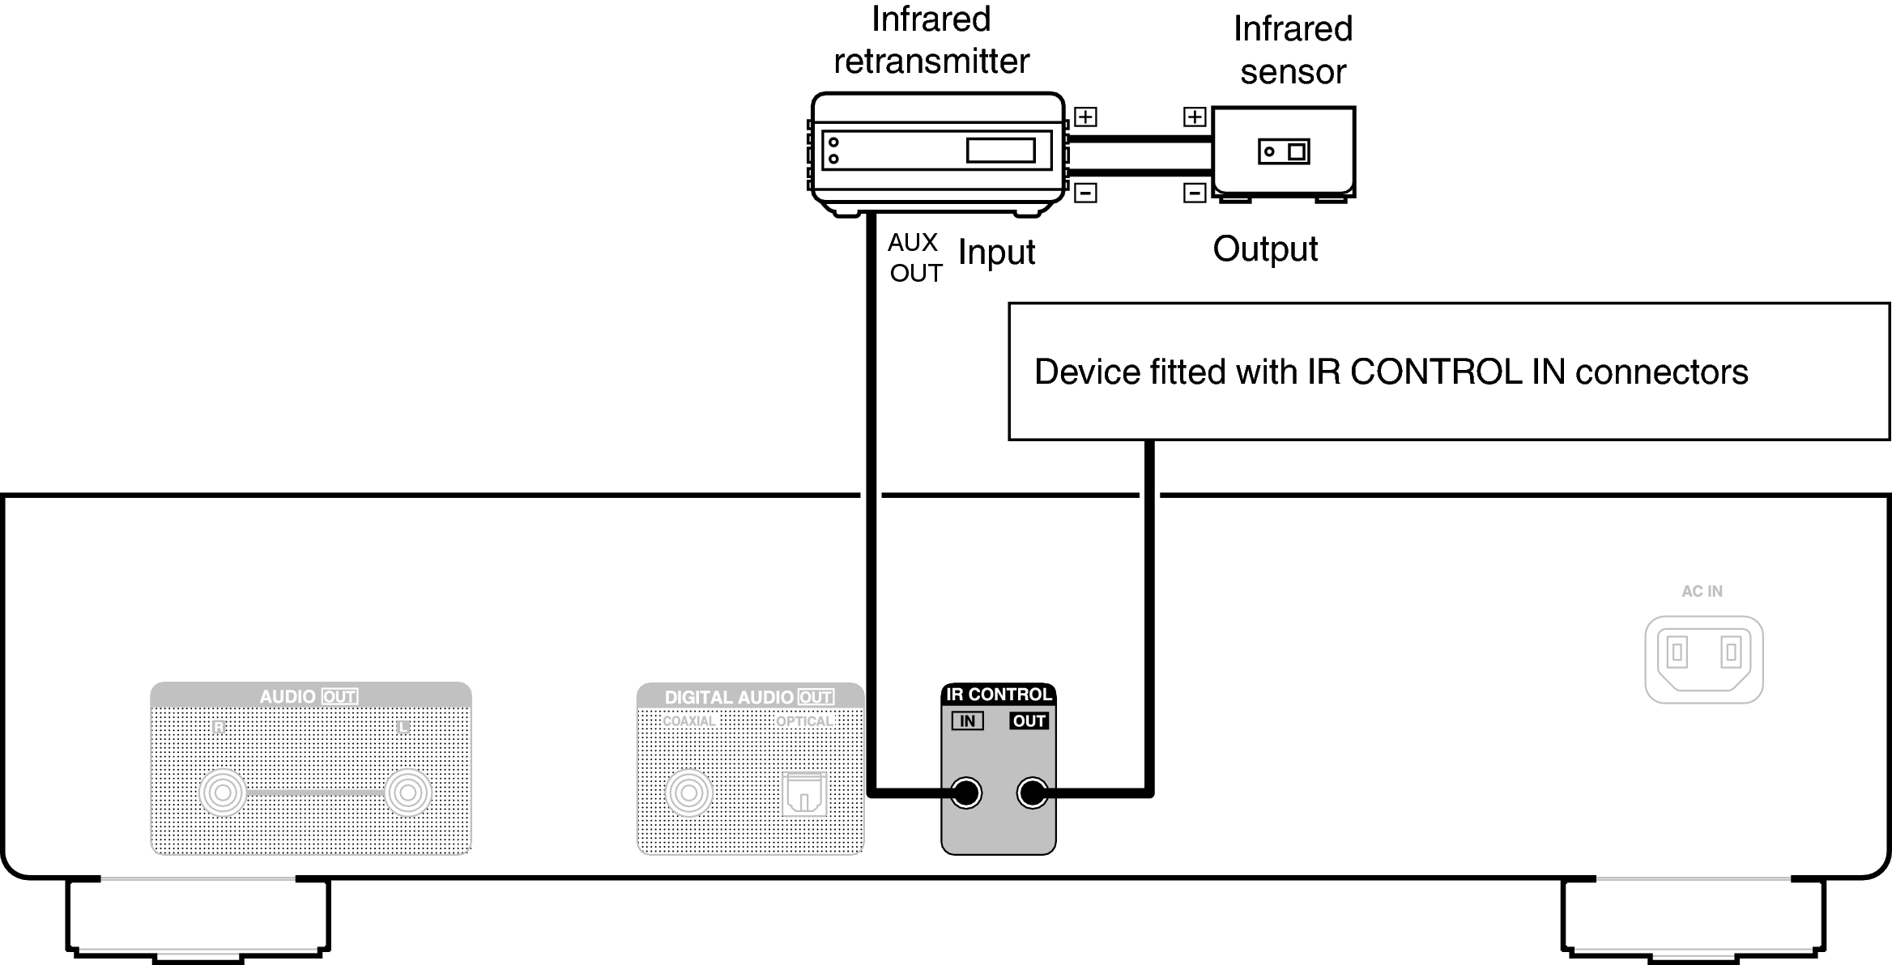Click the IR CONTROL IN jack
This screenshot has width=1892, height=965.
click(x=966, y=793)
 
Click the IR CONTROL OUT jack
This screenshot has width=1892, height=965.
click(x=1032, y=793)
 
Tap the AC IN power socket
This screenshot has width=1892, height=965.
click(x=1703, y=659)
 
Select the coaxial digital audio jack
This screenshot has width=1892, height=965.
click(x=688, y=793)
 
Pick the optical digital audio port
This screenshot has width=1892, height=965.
click(x=803, y=793)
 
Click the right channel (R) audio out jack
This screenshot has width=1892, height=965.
click(x=223, y=793)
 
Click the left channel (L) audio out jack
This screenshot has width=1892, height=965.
click(x=407, y=793)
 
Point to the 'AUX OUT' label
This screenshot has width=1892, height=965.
click(x=914, y=257)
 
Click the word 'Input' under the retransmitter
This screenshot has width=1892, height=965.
click(x=996, y=252)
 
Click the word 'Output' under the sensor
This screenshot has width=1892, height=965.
click(x=1264, y=249)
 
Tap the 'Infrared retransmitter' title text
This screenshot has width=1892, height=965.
click(x=931, y=40)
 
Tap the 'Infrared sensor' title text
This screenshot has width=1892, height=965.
click(x=1293, y=50)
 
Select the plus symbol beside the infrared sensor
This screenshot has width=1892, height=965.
click(x=1195, y=117)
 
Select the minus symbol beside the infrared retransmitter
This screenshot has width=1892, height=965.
click(x=1085, y=193)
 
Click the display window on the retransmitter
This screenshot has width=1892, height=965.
click(x=1000, y=151)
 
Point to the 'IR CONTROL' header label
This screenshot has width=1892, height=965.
click(x=998, y=695)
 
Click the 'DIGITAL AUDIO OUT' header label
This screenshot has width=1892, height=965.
click(x=748, y=697)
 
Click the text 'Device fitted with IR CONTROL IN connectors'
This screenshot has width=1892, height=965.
click(x=1391, y=372)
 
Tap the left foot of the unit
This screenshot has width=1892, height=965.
click(x=198, y=919)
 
